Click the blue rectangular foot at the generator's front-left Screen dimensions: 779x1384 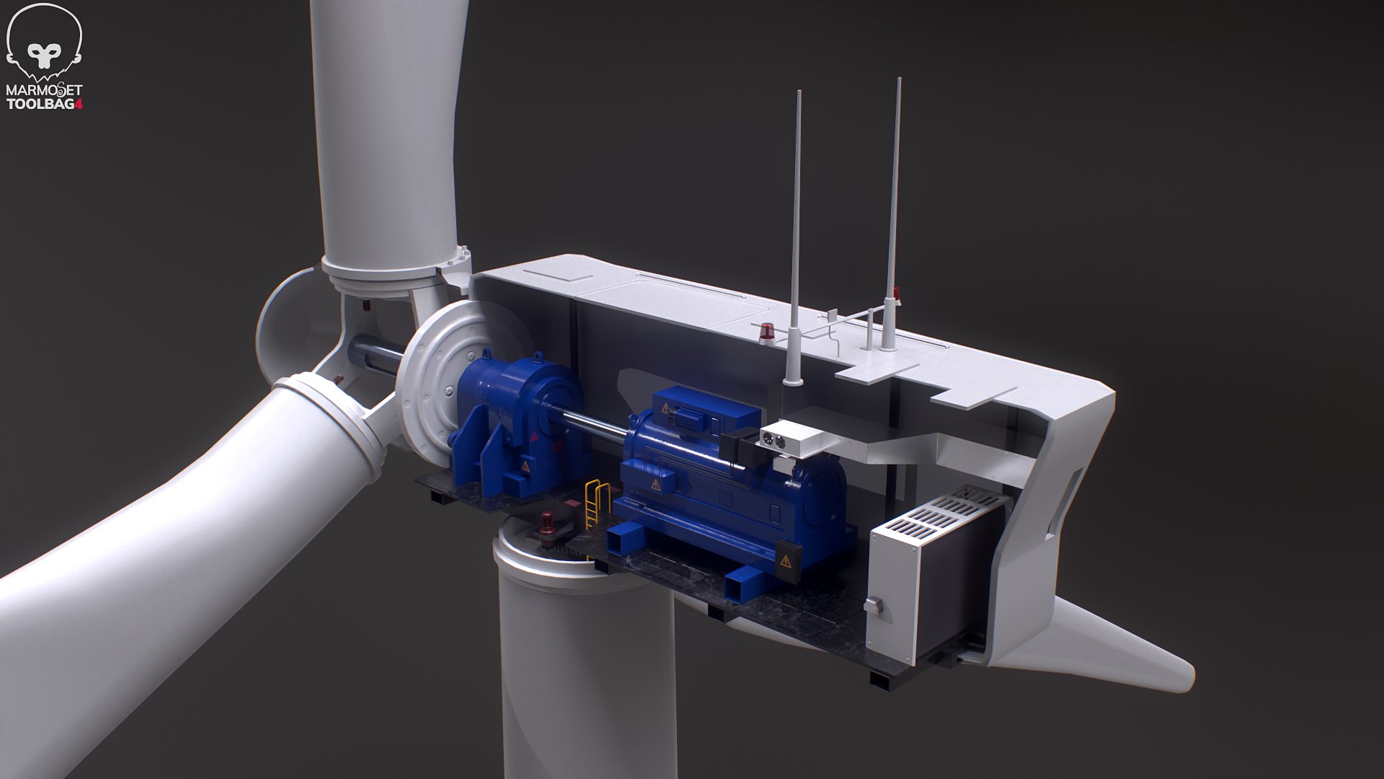(624, 542)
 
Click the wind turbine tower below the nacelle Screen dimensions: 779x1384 (584, 671)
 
